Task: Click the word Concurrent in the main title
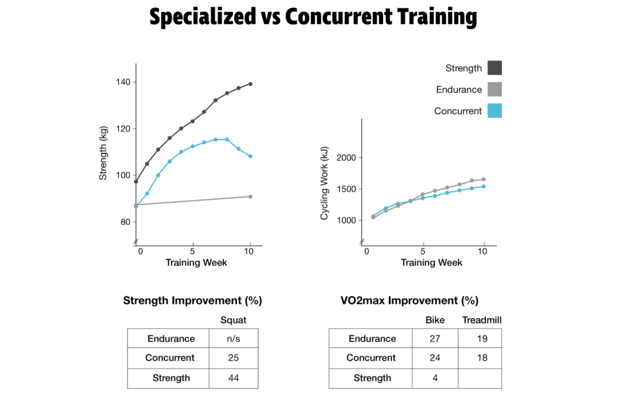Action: [338, 17]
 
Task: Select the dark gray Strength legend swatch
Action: [494, 68]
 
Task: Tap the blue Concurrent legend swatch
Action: [494, 111]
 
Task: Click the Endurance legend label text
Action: [459, 89]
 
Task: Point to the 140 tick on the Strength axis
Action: [123, 82]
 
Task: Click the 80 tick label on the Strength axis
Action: [125, 222]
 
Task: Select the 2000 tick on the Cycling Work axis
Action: [346, 158]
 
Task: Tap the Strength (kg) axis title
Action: [103, 153]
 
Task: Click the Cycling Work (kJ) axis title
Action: [324, 183]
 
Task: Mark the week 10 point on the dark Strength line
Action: [250, 84]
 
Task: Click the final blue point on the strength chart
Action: [250, 156]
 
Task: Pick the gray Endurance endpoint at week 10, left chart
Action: [250, 196]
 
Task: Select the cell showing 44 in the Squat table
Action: [233, 378]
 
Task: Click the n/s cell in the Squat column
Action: [233, 339]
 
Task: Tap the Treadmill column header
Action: [482, 320]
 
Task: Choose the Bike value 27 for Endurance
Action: [435, 339]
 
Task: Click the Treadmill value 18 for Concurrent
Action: [482, 358]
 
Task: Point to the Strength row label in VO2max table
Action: [372, 378]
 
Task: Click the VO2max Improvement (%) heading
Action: [409, 301]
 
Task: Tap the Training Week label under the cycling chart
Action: [431, 262]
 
